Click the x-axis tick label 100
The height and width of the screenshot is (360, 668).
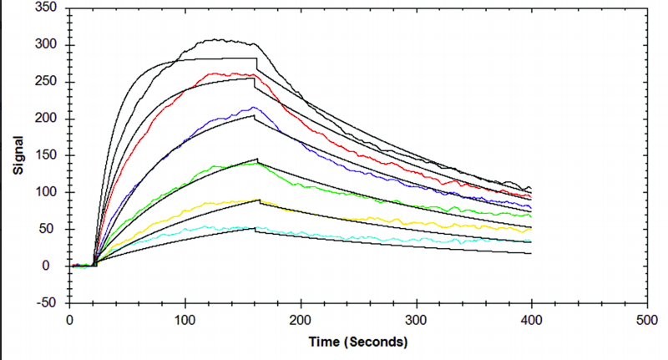(x=185, y=321)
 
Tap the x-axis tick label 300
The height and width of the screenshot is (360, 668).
(x=415, y=321)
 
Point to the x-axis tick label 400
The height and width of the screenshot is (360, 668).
(x=530, y=321)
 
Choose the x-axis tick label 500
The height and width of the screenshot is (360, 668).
(x=645, y=321)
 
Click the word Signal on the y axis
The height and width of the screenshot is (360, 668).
(x=18, y=155)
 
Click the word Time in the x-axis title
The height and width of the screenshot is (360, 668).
(x=323, y=342)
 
